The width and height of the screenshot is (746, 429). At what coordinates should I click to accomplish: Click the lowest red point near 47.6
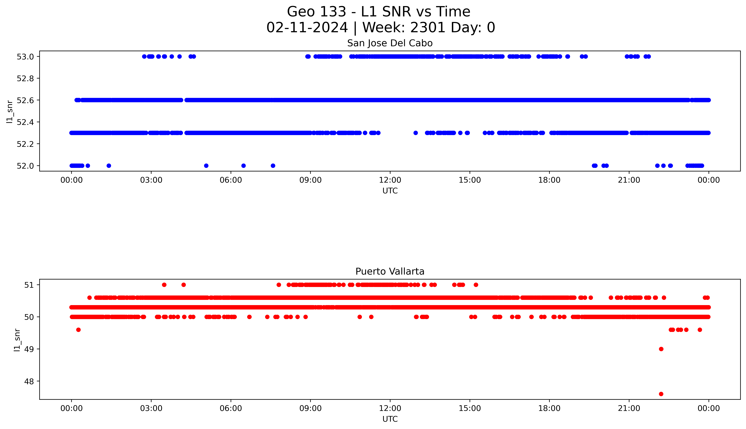(661, 394)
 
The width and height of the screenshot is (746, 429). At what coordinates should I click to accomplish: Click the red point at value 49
(661, 349)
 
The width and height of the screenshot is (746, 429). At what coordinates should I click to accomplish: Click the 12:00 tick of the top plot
(390, 180)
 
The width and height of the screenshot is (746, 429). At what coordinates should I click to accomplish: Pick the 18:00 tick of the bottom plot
(549, 408)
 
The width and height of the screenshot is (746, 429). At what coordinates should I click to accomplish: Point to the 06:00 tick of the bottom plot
(231, 408)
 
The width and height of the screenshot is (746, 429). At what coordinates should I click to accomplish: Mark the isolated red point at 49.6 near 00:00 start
(78, 330)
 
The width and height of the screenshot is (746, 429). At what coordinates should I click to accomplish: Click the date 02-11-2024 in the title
(307, 28)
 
